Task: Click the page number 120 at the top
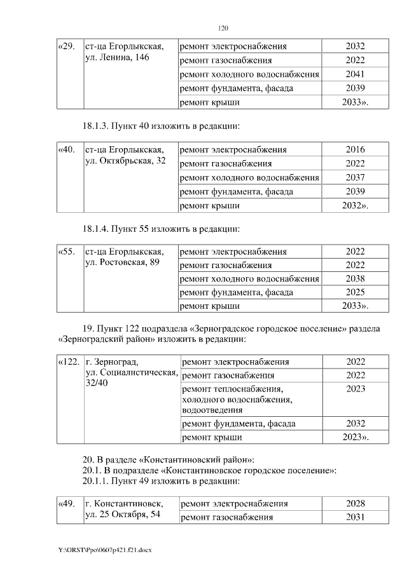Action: pyautogui.click(x=223, y=28)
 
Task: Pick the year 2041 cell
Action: pyautogui.click(x=355, y=74)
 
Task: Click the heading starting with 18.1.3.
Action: pyautogui.click(x=161, y=126)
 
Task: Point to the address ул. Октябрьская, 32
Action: pyautogui.click(x=125, y=161)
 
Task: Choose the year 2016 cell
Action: pyautogui.click(x=355, y=150)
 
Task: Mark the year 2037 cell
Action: pyautogui.click(x=355, y=177)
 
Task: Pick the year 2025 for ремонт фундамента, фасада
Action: pyautogui.click(x=355, y=293)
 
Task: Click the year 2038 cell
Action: pyautogui.click(x=355, y=279)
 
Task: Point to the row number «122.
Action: pyautogui.click(x=69, y=362)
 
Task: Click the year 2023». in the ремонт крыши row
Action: pyautogui.click(x=356, y=437)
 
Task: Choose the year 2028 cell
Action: pyautogui.click(x=355, y=504)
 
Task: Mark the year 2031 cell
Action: pyautogui.click(x=355, y=517)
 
